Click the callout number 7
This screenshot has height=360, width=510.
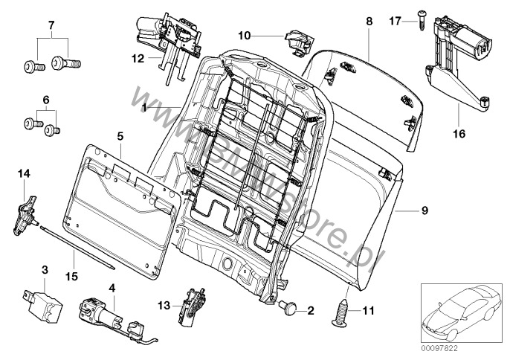(x=52, y=27)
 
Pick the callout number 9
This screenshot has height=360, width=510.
(x=425, y=211)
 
